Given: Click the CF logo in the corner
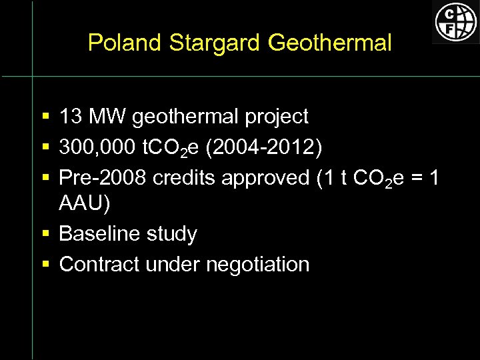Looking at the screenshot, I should coord(456,21).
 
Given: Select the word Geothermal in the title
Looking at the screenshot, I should coord(329,43).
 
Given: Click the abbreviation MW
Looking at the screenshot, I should coord(107,117).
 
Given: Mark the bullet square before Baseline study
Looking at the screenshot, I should coord(45,234).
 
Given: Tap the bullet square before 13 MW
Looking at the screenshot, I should coord(45,117).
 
